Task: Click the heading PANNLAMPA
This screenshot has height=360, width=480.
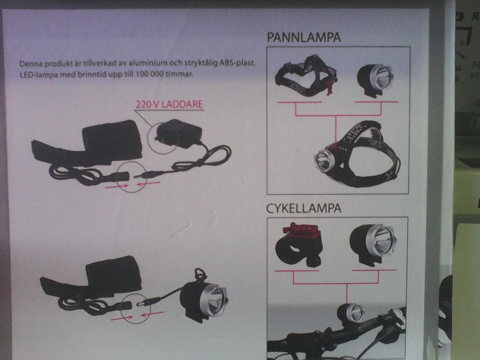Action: (x=304, y=38)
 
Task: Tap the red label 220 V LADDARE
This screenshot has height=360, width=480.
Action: (x=169, y=104)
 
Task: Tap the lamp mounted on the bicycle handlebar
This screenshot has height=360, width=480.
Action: (x=352, y=314)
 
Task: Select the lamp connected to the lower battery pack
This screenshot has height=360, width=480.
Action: (x=205, y=298)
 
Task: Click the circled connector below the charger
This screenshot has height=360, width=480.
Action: (x=133, y=176)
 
